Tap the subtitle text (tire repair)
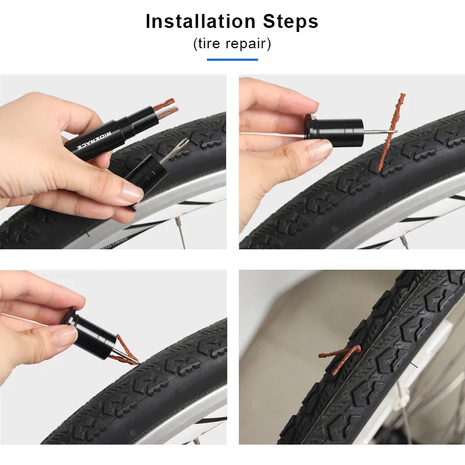pyautogui.click(x=232, y=44)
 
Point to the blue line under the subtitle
pyautogui.click(x=232, y=59)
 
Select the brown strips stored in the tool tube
pyautogui.click(x=166, y=108)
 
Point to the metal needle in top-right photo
pyautogui.click(x=378, y=131)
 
